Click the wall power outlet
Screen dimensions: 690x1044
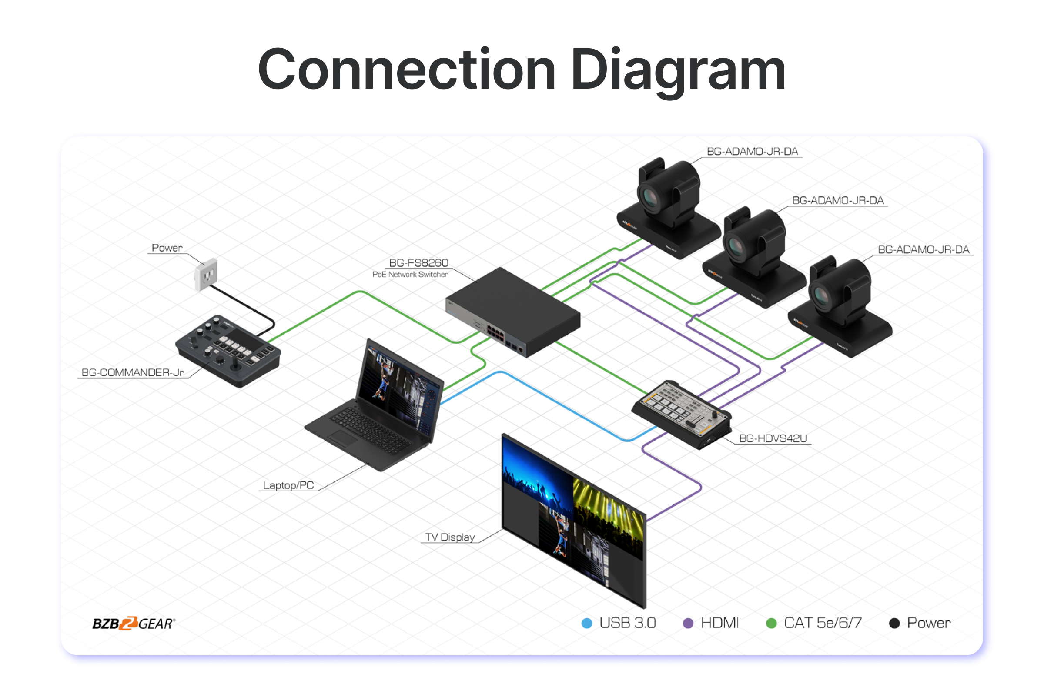pyautogui.click(x=207, y=275)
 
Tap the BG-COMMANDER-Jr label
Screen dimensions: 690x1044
pyautogui.click(x=133, y=372)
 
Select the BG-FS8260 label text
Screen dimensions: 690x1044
pyautogui.click(x=418, y=263)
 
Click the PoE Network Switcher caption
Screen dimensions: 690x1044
pyautogui.click(x=410, y=275)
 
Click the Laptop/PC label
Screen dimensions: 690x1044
pyautogui.click(x=288, y=485)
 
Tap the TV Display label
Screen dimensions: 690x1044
pyautogui.click(x=450, y=537)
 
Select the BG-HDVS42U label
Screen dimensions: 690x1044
pyautogui.click(x=773, y=438)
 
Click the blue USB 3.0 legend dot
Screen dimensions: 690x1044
pyautogui.click(x=587, y=623)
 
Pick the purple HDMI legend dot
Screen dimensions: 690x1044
pyautogui.click(x=688, y=623)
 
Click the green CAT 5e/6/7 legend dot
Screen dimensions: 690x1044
pyautogui.click(x=771, y=623)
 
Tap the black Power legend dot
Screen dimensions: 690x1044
pyautogui.click(x=894, y=623)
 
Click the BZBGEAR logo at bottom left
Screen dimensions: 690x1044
pyautogui.click(x=134, y=624)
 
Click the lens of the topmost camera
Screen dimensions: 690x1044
pyautogui.click(x=649, y=197)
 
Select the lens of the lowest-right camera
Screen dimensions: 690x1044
pyautogui.click(x=821, y=295)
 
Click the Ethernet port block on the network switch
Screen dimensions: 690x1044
pyautogui.click(x=495, y=332)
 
